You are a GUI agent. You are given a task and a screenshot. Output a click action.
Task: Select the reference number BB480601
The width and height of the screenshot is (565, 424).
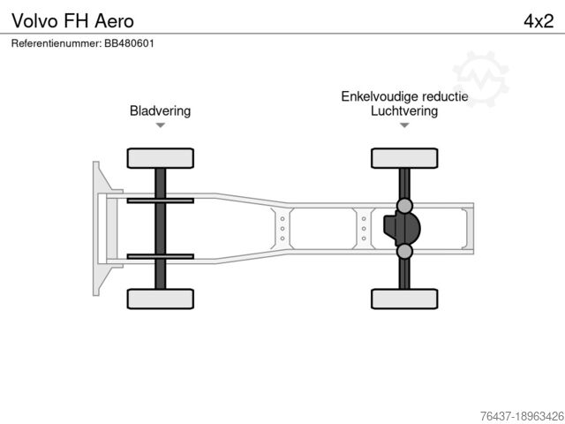point(130,43)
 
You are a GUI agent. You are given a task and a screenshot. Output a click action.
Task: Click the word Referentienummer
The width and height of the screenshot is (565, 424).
point(56,43)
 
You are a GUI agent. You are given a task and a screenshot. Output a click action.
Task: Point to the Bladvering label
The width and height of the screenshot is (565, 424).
point(160,111)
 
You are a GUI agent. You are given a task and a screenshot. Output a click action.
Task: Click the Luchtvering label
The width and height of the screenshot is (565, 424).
point(404,111)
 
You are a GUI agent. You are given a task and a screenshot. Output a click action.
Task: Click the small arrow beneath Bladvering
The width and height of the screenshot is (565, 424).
point(160,125)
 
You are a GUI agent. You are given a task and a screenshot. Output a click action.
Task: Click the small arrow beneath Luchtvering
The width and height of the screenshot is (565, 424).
point(404,125)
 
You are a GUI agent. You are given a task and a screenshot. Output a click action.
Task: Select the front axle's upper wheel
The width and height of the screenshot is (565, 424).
point(160,158)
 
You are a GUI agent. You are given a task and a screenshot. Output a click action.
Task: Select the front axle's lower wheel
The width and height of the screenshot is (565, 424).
point(160,299)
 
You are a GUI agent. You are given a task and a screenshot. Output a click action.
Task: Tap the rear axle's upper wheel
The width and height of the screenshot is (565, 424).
point(404,158)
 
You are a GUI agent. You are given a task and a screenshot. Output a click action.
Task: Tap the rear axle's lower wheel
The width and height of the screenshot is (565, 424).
point(404,299)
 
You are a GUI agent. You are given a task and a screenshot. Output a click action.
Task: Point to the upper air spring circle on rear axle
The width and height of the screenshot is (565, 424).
point(404,206)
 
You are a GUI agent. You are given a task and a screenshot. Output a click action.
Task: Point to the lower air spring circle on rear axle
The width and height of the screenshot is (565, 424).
point(404,252)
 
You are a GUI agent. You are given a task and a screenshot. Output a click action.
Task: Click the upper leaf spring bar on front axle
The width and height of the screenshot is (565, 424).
point(160,201)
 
